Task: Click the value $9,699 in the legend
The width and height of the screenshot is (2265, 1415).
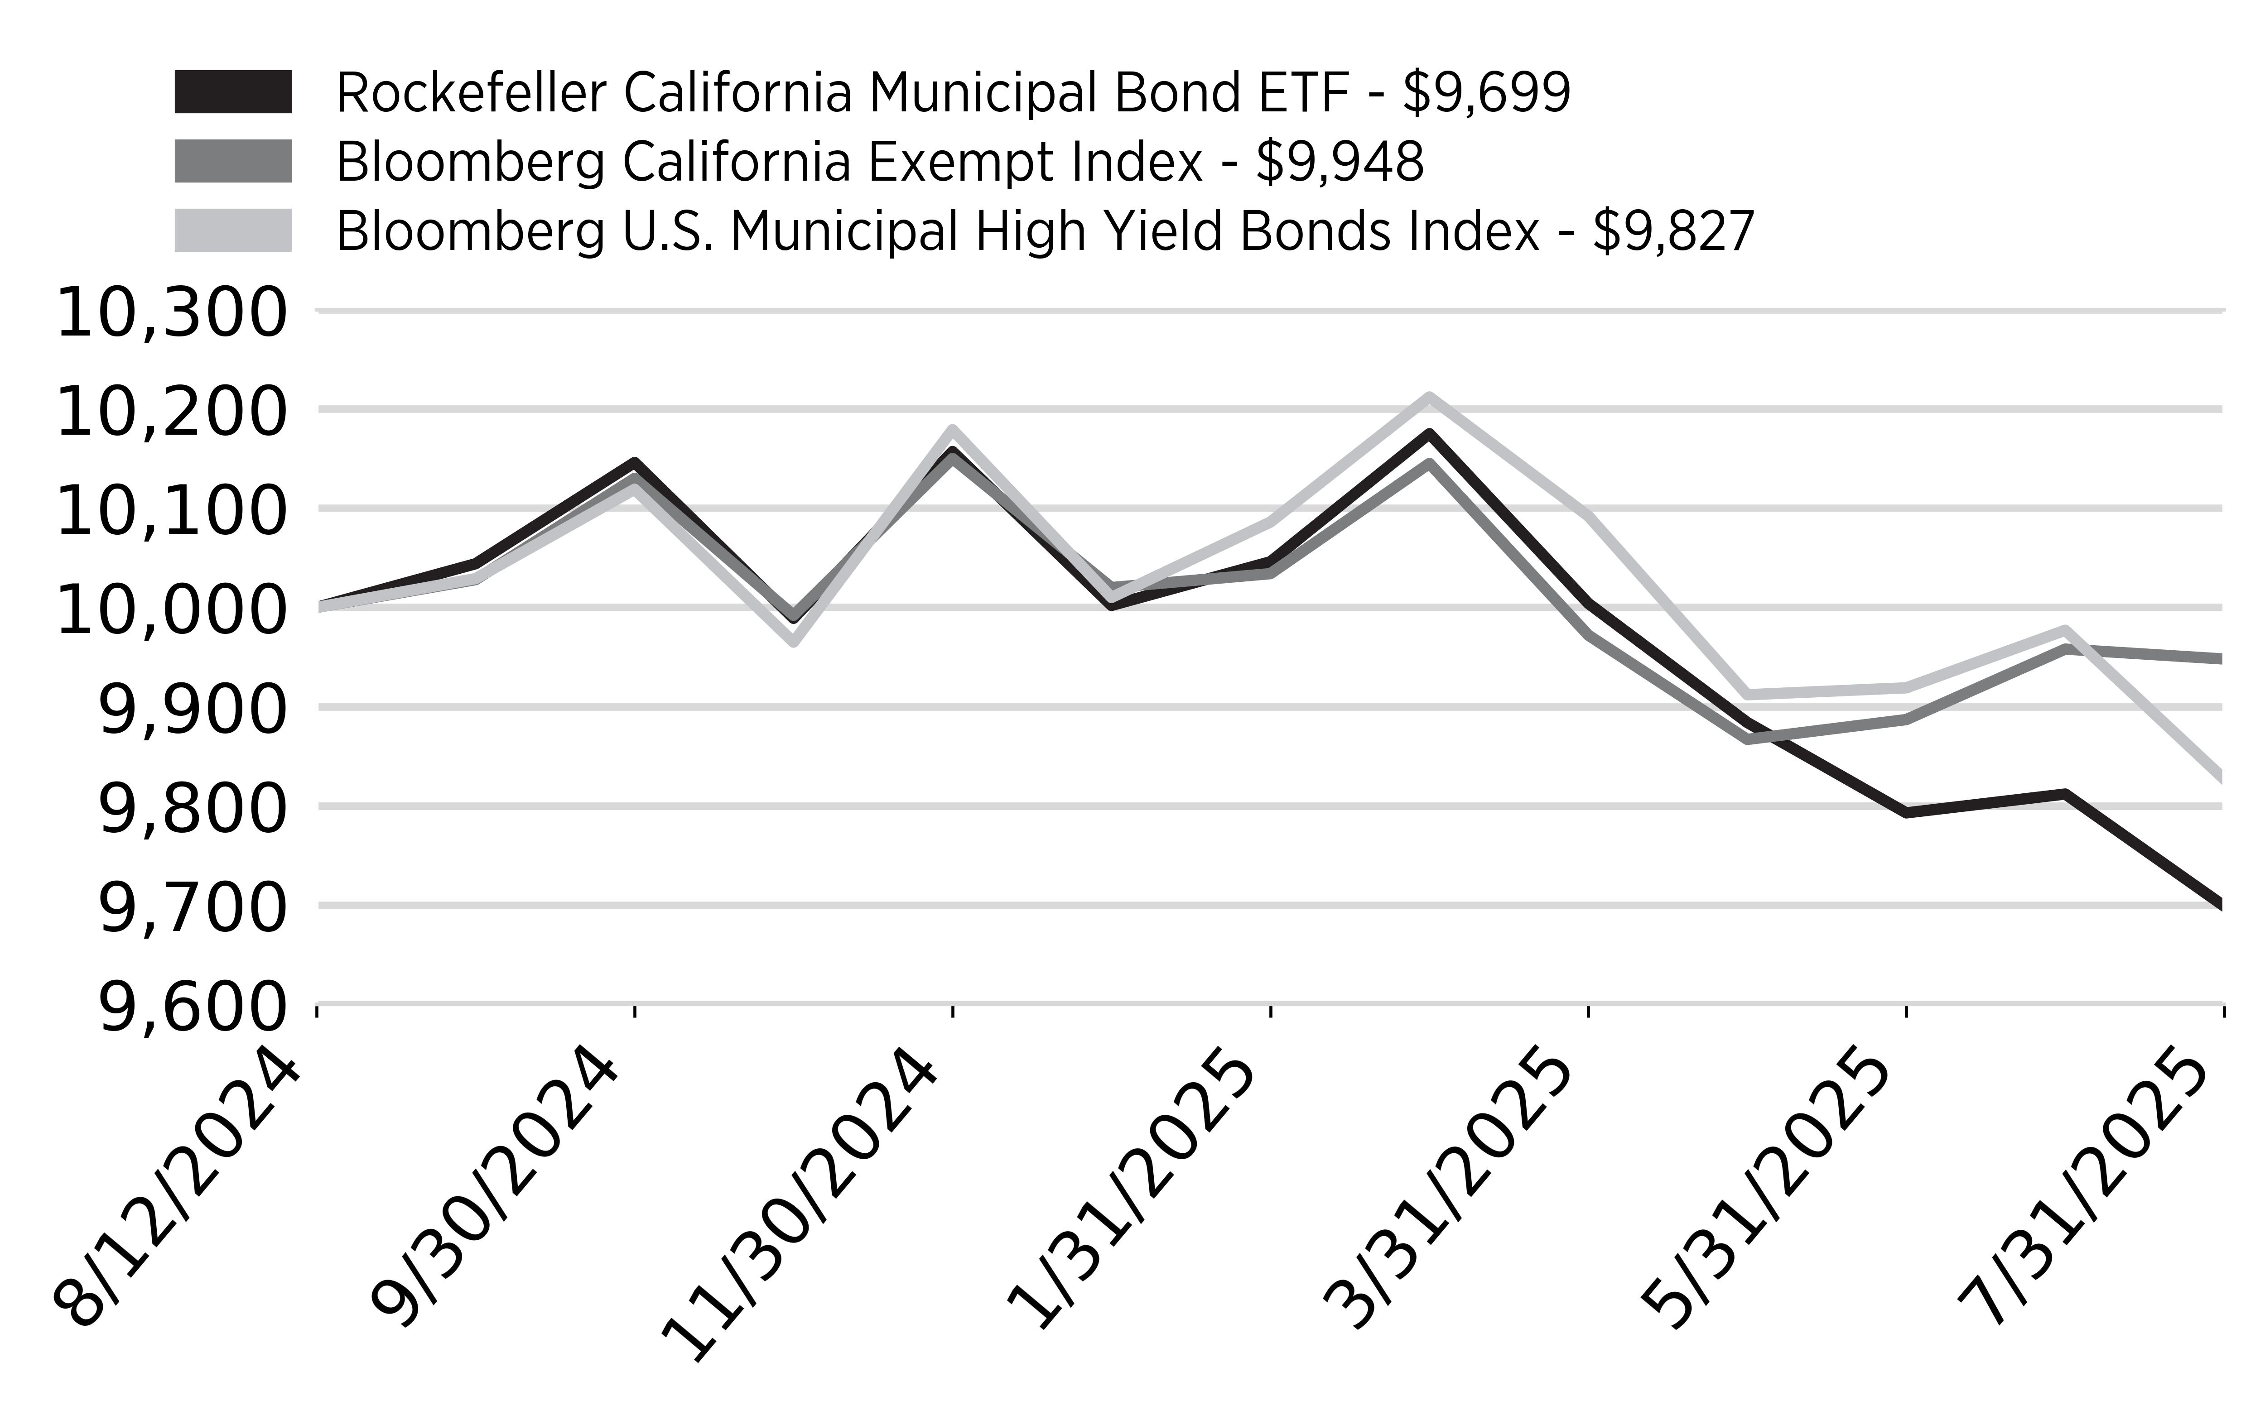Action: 1486,94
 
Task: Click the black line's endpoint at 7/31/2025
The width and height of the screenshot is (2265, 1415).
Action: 2220,905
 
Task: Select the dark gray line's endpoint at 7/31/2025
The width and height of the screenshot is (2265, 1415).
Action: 2220,659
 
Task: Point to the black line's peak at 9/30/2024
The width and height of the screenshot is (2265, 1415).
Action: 635,462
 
